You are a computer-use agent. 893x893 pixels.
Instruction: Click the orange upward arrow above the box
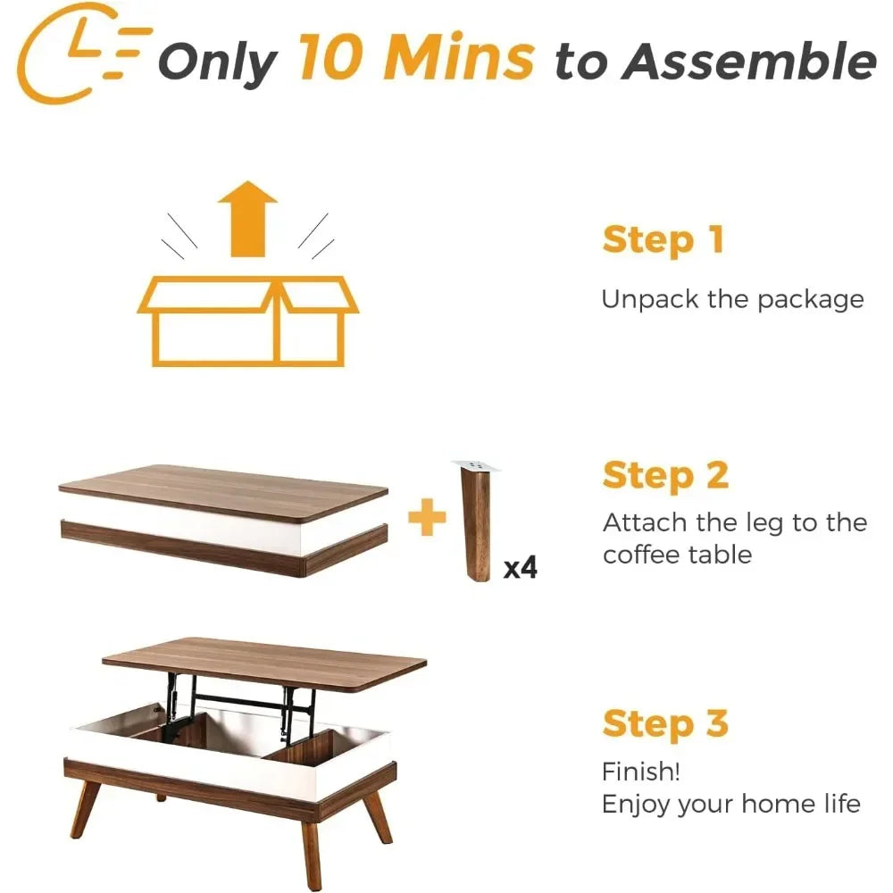coord(247,219)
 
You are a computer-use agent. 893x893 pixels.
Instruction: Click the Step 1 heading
coord(663,240)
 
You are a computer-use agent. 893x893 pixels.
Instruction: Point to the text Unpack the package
coord(732,298)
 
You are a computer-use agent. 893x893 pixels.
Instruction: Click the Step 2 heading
coord(665,476)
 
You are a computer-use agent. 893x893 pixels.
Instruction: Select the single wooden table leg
coord(476,527)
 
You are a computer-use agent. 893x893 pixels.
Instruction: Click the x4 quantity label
coord(521,567)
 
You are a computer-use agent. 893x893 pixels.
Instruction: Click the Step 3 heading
coord(665,723)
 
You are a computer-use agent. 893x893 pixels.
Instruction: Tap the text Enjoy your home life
coord(730,804)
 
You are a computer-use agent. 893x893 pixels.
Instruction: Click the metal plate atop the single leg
coord(476,465)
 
